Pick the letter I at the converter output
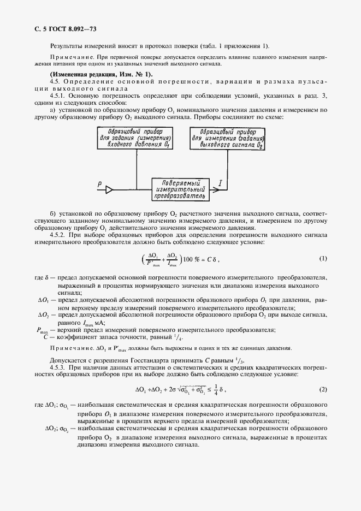coord(220,185)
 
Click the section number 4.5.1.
coord(58,96)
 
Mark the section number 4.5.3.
coord(58,367)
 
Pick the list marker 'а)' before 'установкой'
coord(52,110)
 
